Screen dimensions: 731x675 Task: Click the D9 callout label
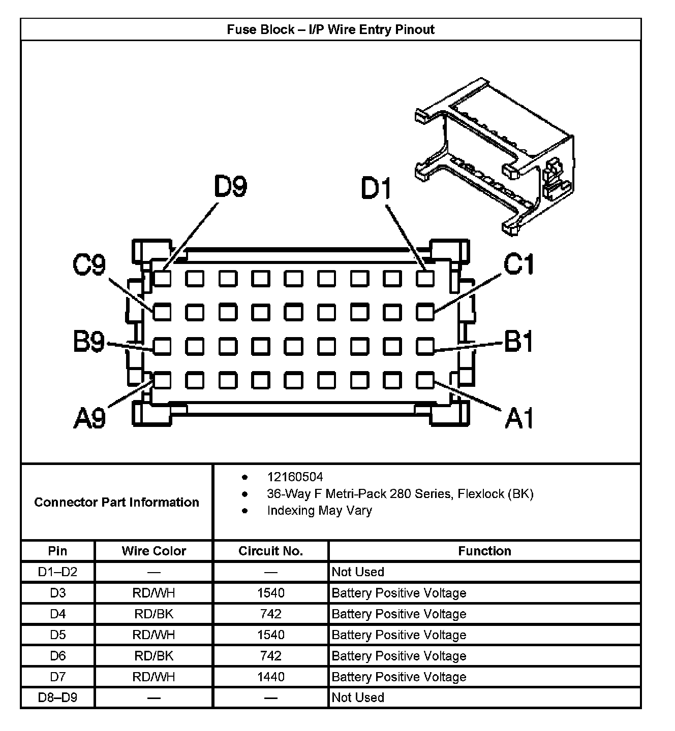coord(230,187)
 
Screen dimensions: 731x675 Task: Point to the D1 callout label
coord(377,188)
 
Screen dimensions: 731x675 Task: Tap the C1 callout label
coord(519,264)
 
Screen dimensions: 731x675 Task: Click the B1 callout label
coord(519,341)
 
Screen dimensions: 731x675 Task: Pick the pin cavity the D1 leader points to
coord(425,278)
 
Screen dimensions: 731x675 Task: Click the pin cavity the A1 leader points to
coord(425,380)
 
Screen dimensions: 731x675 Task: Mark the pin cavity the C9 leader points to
coord(162,312)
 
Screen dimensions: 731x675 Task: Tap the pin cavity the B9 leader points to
coord(162,347)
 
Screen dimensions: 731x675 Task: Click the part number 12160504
coord(295,477)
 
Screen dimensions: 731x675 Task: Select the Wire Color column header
coord(154,551)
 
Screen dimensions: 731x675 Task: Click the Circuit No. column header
coord(270,551)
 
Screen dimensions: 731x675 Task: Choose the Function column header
coord(484,551)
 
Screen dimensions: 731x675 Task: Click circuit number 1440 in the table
coord(270,677)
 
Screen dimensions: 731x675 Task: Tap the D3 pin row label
coord(57,593)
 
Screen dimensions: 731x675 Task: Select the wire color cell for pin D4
coord(154,614)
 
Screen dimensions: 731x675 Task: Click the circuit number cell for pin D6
coord(270,656)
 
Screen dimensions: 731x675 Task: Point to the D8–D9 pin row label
coord(57,697)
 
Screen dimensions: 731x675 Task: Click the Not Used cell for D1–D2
coord(358,572)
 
